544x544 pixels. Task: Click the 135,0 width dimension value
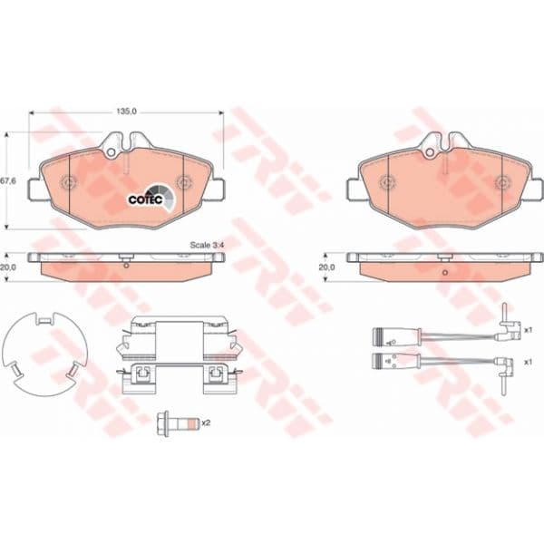pos(127,111)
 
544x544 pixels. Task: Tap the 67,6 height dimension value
pos(8,181)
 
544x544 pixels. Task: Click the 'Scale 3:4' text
pos(207,245)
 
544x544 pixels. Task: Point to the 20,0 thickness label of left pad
pos(8,267)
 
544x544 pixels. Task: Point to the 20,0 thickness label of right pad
pos(326,267)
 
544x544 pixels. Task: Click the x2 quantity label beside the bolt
pos(206,423)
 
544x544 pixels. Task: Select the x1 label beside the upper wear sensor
pos(528,330)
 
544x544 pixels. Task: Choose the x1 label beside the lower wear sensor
pos(528,362)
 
